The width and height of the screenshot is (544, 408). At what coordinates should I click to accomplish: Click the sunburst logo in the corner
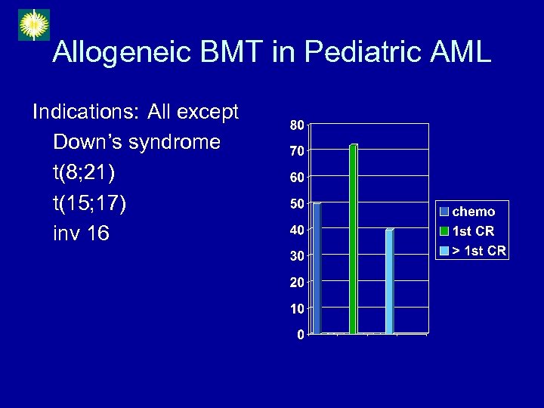tap(33, 25)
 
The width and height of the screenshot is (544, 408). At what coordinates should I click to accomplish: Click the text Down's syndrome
tap(137, 142)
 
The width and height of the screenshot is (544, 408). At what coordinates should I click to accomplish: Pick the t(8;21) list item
tap(84, 173)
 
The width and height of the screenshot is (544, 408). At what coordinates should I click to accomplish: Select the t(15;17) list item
tap(89, 204)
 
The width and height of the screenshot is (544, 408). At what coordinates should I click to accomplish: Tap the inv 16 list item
tap(81, 234)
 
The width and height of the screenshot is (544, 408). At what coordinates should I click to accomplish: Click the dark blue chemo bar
tap(317, 268)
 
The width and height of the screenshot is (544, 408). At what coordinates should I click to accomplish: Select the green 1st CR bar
tap(353, 238)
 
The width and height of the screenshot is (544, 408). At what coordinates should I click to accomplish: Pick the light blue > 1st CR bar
tap(389, 280)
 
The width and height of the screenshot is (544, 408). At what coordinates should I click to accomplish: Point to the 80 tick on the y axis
tap(297, 125)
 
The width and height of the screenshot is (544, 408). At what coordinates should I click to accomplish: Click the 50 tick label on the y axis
tap(297, 204)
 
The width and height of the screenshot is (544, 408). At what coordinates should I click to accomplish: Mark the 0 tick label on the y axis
tap(301, 335)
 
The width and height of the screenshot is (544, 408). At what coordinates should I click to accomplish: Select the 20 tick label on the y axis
tap(297, 282)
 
